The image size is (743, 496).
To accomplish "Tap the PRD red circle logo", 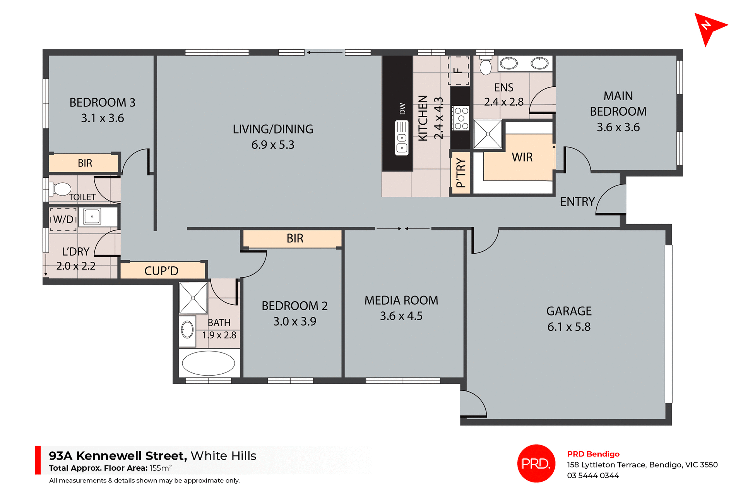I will [536, 463].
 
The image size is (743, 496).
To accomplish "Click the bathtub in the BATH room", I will [208, 363].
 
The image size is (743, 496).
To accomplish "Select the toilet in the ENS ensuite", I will [485, 65].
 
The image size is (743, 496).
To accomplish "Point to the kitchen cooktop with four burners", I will [461, 118].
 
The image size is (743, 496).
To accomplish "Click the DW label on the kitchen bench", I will [402, 109].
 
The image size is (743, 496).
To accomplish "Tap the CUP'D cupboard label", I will [161, 271].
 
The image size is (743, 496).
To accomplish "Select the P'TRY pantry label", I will [461, 173].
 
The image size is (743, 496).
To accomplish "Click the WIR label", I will [522, 157].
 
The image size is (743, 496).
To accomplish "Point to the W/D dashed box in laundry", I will [63, 220].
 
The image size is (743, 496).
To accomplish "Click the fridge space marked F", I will [458, 70].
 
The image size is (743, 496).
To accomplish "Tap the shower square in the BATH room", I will [193, 298].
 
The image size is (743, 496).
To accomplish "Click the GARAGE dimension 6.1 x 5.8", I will [568, 327].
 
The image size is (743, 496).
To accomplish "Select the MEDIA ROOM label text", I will [401, 300].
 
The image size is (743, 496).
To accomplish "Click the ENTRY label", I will [577, 202].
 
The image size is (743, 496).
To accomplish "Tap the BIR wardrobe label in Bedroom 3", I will [85, 163].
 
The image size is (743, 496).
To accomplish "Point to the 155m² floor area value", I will [161, 468].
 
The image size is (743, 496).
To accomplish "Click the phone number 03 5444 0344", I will [592, 475].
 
